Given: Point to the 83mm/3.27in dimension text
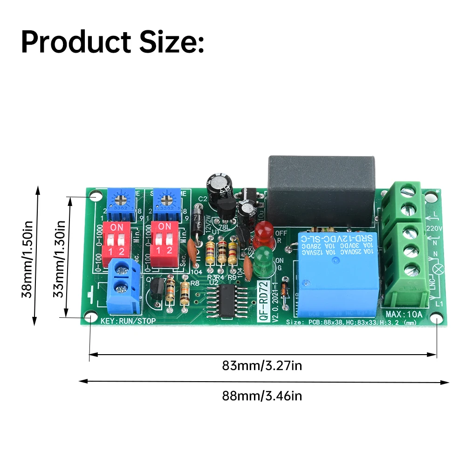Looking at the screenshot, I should pos(262,366).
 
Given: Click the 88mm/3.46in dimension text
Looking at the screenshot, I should pos(262,396).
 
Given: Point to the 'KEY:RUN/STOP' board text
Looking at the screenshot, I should pos(128,321).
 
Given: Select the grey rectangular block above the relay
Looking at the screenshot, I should pos(322,184).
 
